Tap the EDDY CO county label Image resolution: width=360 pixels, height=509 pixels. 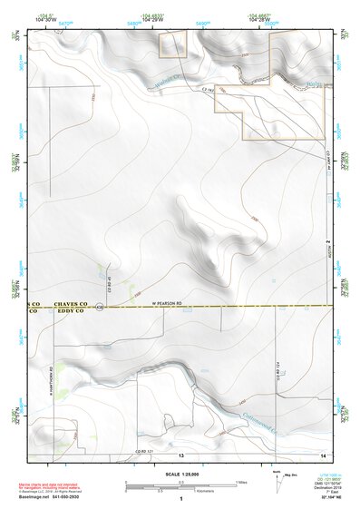(69, 312)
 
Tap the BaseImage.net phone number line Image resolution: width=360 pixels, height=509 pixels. (50, 498)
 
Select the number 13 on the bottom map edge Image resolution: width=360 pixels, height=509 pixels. (180, 454)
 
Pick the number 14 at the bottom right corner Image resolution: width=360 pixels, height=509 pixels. (323, 454)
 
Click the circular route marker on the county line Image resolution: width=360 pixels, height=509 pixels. (99, 308)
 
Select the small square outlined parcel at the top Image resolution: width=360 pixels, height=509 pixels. (173, 44)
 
